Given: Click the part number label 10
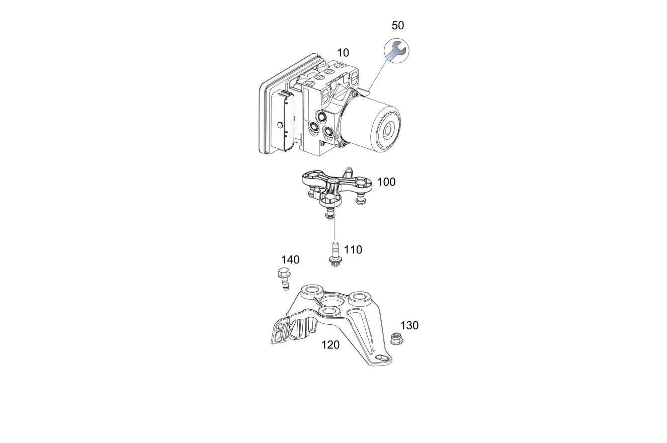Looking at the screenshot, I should [x=343, y=53].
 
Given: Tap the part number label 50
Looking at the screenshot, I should [x=397, y=26].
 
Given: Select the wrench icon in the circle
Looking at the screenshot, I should [x=396, y=51].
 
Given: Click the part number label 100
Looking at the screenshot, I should [x=386, y=182].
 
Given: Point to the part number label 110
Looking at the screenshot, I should [x=353, y=250].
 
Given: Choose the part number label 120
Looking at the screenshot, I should [x=330, y=345].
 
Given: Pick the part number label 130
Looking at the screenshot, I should [x=409, y=326].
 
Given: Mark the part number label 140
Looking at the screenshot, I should [x=290, y=260].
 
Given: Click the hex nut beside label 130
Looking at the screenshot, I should [x=396, y=339].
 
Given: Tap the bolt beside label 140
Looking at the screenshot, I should [x=283, y=279].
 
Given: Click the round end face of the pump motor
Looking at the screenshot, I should [x=386, y=129].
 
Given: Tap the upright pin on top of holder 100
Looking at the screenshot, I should [x=349, y=171].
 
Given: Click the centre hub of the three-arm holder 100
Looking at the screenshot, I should [x=333, y=182].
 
